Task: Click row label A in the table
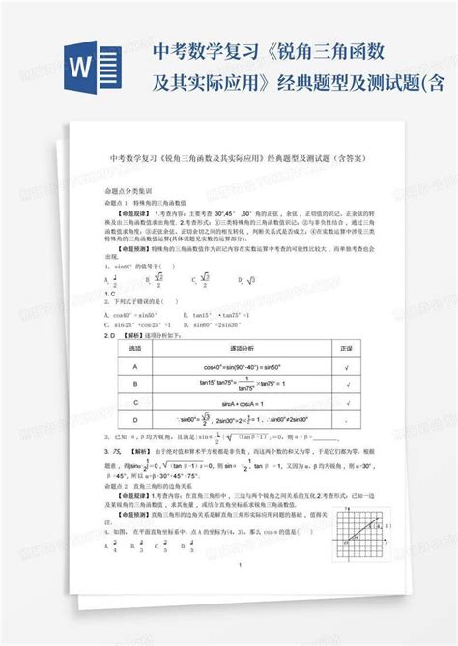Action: pyautogui.click(x=135, y=367)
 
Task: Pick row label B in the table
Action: pyautogui.click(x=135, y=384)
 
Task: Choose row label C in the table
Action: pyautogui.click(x=135, y=402)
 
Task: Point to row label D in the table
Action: pyautogui.click(x=135, y=420)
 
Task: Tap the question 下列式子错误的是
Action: pyautogui.click(x=145, y=300)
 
